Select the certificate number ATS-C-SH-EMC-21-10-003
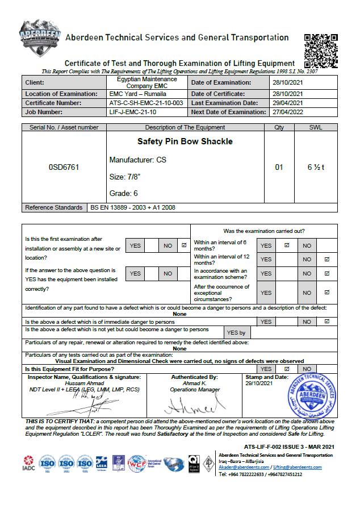click(146, 103)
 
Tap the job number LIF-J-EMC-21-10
click(134, 112)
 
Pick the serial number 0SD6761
click(64, 168)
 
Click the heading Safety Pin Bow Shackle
click(177, 141)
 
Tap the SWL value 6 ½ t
click(316, 168)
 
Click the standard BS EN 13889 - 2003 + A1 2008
click(133, 207)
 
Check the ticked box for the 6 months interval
click(286, 245)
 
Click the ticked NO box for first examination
click(183, 245)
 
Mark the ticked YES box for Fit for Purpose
click(286, 369)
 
